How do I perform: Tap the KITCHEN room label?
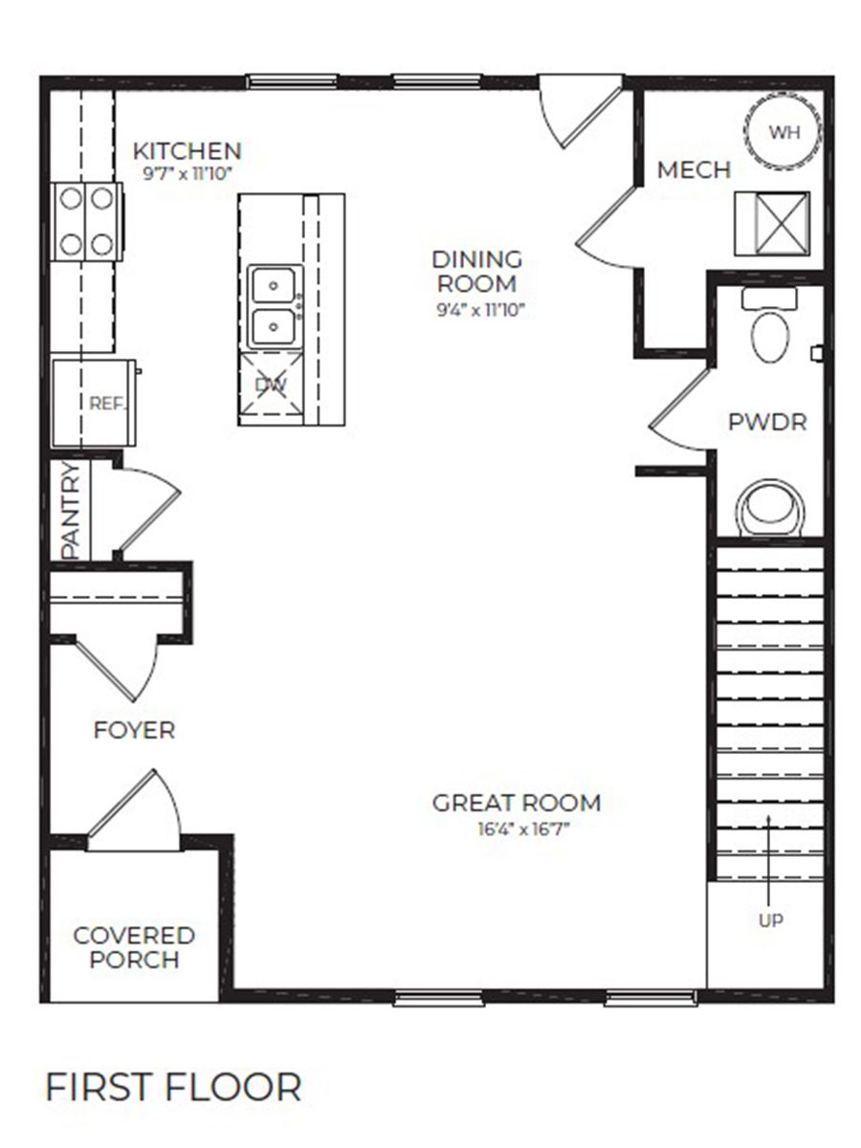[x=187, y=151]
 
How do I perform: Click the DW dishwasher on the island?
[x=270, y=386]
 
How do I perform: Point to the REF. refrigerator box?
[x=92, y=403]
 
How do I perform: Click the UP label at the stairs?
[x=770, y=921]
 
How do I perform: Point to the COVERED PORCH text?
[x=134, y=947]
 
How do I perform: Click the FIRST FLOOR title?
[x=173, y=1088]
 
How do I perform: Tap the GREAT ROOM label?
[x=517, y=803]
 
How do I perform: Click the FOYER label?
[x=134, y=731]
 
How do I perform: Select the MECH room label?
[x=694, y=170]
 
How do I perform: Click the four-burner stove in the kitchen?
[x=88, y=221]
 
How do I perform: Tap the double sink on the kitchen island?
[x=276, y=306]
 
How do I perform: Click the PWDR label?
[x=768, y=422]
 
